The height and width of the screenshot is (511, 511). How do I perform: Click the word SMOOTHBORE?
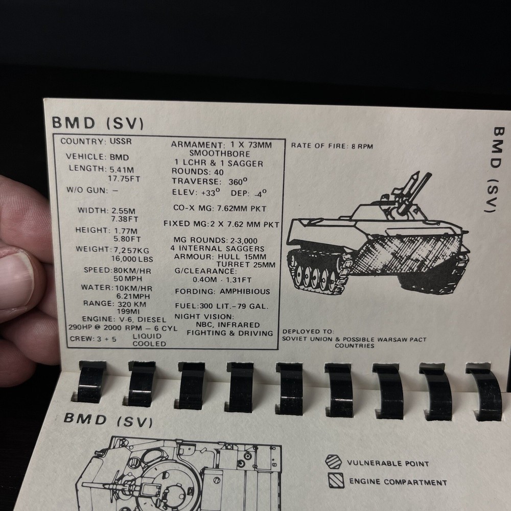point(220,153)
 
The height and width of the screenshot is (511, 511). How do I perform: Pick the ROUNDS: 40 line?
point(198,172)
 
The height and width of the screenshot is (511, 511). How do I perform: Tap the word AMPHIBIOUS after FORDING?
point(245,292)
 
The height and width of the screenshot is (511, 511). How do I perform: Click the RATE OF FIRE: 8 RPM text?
point(332,146)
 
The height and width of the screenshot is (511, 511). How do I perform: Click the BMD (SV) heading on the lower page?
point(108,420)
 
